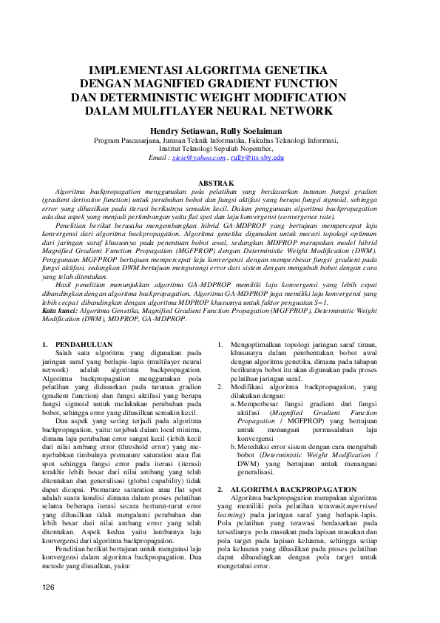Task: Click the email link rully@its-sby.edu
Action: (x=257, y=158)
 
